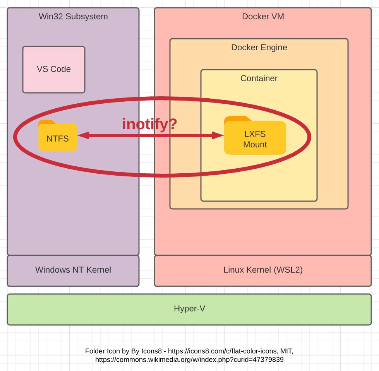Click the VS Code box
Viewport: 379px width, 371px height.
coord(54,70)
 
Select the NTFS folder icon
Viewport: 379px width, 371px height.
coord(58,136)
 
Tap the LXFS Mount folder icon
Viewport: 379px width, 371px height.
coord(255,136)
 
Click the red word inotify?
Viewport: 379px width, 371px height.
coord(149,124)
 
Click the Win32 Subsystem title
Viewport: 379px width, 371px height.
coord(73,17)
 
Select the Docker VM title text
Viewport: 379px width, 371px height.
coord(263,17)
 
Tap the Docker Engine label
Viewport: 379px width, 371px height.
coord(259,48)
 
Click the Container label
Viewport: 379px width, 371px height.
coord(259,79)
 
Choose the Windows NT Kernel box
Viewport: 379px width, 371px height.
coord(73,270)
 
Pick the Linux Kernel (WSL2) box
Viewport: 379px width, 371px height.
coord(263,270)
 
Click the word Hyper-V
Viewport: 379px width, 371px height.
coord(189,309)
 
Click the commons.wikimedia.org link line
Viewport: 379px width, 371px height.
coord(189,360)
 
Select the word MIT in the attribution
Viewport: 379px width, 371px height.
coord(286,351)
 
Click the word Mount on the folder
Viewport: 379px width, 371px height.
coord(255,145)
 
